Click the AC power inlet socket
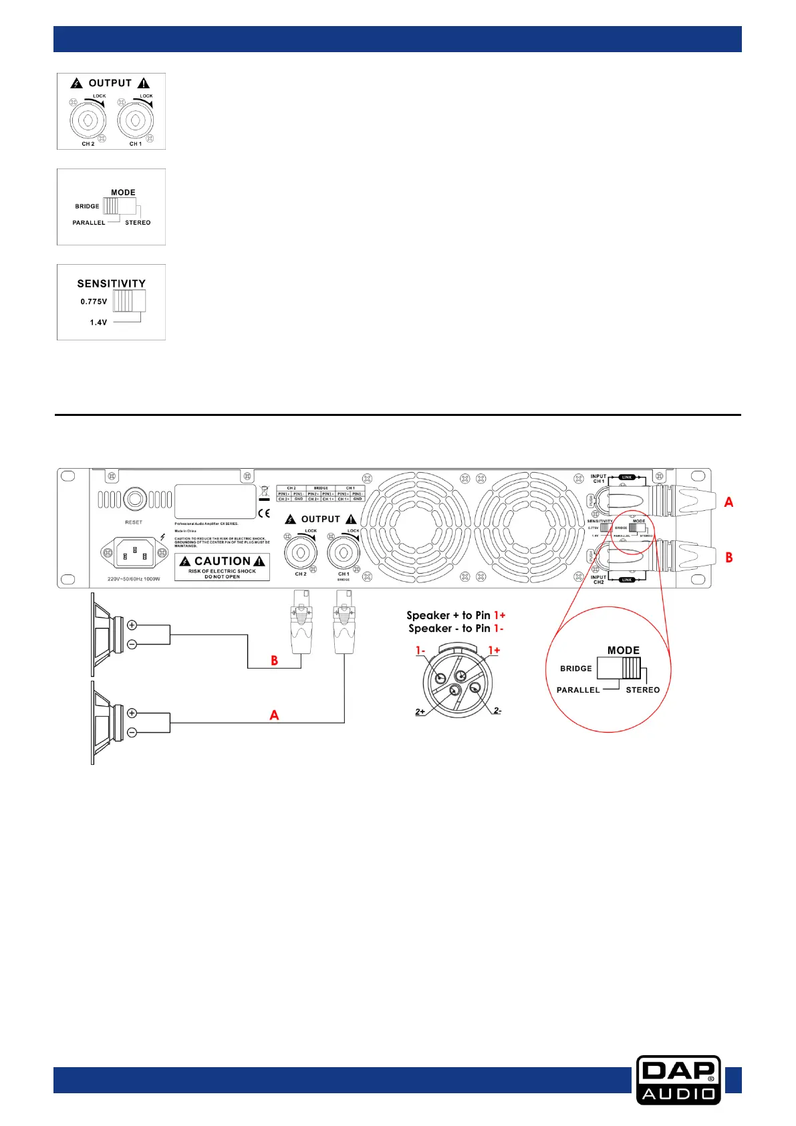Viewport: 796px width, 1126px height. click(x=136, y=552)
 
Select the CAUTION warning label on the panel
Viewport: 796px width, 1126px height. click(x=223, y=566)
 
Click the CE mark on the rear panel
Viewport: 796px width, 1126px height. click(x=264, y=514)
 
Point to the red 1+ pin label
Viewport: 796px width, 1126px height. click(x=494, y=650)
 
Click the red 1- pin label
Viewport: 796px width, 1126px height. click(x=420, y=650)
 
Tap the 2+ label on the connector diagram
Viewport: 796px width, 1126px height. click(x=420, y=711)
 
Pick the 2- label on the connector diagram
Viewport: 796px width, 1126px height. click(x=497, y=710)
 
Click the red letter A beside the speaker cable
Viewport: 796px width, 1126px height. click(x=274, y=715)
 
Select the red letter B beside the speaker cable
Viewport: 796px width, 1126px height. click(x=274, y=661)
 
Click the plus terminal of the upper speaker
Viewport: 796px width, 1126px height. click(x=132, y=625)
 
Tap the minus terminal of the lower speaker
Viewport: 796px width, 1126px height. click(x=132, y=733)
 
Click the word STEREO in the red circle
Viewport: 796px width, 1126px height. click(x=642, y=690)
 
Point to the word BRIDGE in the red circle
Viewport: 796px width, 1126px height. click(x=575, y=669)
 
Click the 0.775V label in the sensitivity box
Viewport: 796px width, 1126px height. click(x=94, y=302)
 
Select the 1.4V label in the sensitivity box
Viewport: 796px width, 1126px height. click(x=98, y=322)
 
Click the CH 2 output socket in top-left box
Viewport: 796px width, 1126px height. click(x=88, y=120)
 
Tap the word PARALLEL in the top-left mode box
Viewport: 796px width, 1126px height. click(x=89, y=223)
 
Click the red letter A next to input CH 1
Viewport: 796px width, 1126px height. click(x=728, y=501)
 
